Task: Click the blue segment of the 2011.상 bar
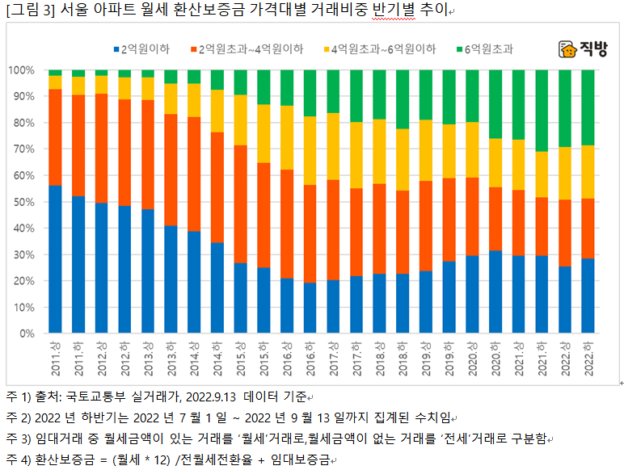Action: [55, 258]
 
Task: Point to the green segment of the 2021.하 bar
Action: [542, 111]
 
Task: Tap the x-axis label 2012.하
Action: [124, 356]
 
